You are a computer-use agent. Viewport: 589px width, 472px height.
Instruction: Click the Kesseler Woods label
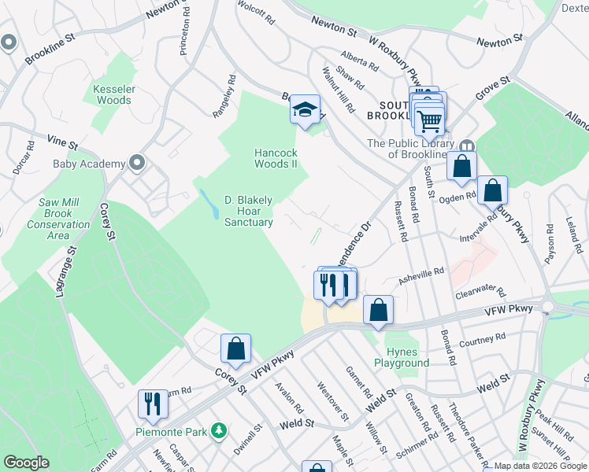113,95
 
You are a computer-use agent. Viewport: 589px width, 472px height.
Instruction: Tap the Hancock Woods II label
276,158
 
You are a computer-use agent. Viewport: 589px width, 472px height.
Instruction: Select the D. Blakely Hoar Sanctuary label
249,211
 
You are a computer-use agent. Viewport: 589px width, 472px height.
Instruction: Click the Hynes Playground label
407,357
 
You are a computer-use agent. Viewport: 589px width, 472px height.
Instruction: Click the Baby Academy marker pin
138,163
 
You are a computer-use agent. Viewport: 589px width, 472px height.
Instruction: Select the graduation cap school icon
305,110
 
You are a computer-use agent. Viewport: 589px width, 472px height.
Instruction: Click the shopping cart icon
430,120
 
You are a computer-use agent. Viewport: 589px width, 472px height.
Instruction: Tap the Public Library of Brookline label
411,149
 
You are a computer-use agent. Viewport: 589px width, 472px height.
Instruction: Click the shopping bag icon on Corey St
235,347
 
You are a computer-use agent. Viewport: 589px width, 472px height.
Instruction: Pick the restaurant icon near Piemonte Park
152,404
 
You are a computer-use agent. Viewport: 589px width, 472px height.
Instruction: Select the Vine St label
62,139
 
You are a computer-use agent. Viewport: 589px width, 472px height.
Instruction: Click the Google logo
26,463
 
